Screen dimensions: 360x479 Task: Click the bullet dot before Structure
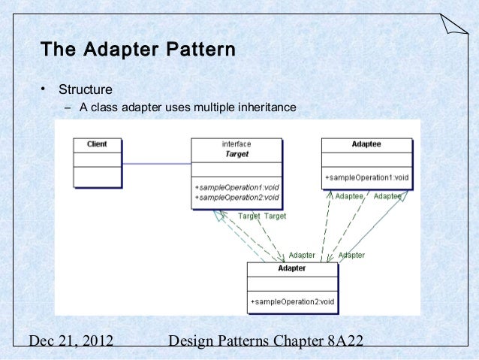[x=44, y=90]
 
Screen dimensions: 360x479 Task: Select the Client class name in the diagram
[x=97, y=144]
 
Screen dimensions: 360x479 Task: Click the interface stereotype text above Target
[x=236, y=144]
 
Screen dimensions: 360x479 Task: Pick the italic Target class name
[x=236, y=153]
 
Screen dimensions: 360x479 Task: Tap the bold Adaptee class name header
[x=366, y=144]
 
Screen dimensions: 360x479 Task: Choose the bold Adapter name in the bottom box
[x=292, y=268]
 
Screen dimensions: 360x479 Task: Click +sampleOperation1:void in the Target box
[x=236, y=188]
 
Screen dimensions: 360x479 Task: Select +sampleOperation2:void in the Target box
[x=236, y=198]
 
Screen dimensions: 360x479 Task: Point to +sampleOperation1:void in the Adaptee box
[x=366, y=178]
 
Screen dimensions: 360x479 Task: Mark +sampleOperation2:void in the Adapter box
[x=292, y=302]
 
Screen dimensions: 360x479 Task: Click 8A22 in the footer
[x=345, y=342]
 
